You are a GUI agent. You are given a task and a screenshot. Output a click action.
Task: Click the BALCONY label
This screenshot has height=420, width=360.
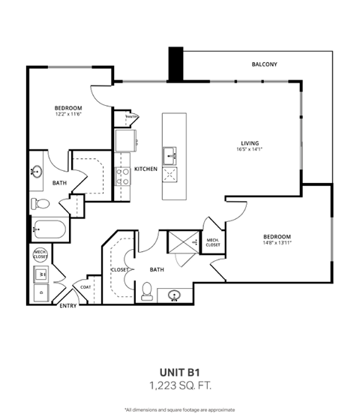264,64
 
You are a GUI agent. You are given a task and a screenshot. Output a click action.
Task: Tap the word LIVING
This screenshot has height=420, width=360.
249,142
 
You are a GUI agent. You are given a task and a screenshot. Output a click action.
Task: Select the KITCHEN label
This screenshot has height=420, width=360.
145,169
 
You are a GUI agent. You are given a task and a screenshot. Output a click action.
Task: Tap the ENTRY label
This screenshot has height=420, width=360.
67,305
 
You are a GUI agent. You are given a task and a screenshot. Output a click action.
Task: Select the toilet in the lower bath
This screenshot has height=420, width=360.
148,288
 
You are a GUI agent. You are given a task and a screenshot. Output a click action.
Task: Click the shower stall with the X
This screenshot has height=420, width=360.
180,241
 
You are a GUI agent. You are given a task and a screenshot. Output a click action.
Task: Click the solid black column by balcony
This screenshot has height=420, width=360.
175,65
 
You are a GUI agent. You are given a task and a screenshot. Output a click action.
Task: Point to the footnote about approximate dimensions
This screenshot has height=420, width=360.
179,409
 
